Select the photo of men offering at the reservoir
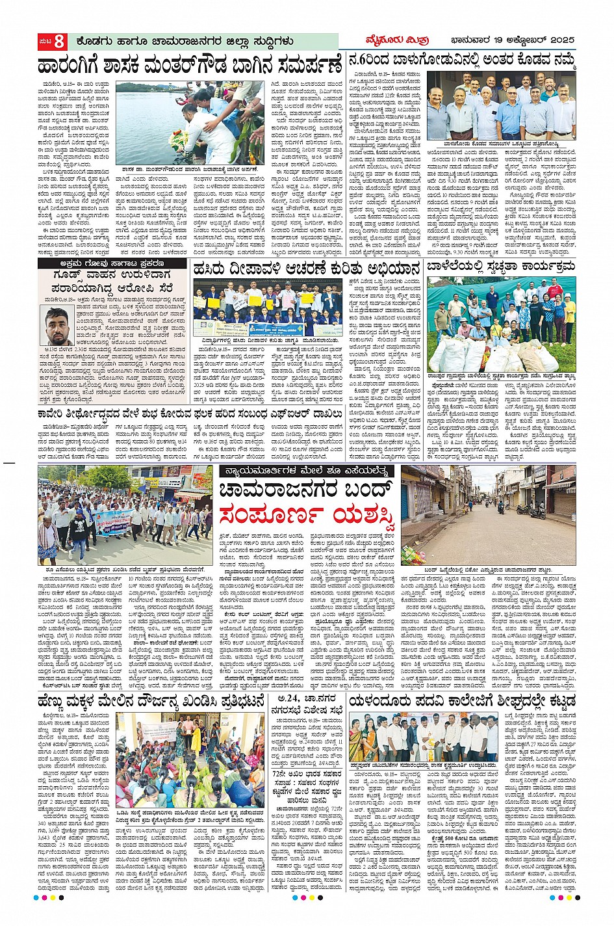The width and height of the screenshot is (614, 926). pos(189,122)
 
